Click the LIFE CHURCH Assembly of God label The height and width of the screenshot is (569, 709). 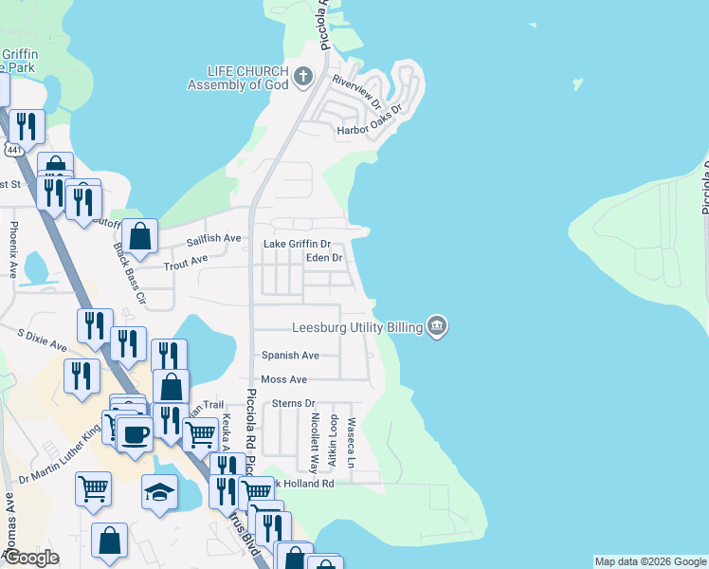pyautogui.click(x=242, y=78)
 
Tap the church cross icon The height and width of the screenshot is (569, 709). pyautogui.click(x=304, y=77)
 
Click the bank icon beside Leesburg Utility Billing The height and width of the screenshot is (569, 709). pyautogui.click(x=437, y=327)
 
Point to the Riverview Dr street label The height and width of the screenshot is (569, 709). pyautogui.click(x=356, y=91)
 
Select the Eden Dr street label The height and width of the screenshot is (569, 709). pyautogui.click(x=324, y=258)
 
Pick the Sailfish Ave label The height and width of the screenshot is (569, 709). pyautogui.click(x=213, y=240)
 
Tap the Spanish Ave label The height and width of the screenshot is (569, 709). pyautogui.click(x=290, y=356)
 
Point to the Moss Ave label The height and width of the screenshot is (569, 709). pyautogui.click(x=284, y=379)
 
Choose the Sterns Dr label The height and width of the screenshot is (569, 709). pyautogui.click(x=293, y=403)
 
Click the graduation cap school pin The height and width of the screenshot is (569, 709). pyautogui.click(x=159, y=491)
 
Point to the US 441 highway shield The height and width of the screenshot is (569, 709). pyautogui.click(x=13, y=151)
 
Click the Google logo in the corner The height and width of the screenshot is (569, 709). pyautogui.click(x=30, y=558)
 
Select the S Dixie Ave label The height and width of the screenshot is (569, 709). pyautogui.click(x=43, y=339)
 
